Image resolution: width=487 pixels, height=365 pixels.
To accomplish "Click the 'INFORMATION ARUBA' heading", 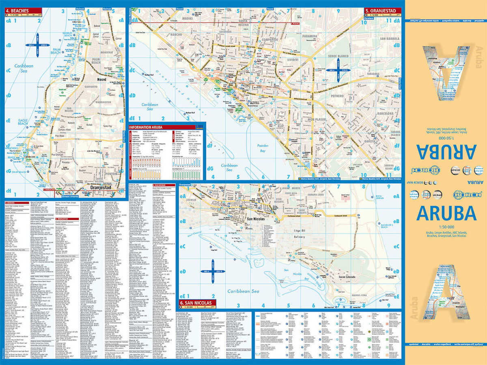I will [146, 127].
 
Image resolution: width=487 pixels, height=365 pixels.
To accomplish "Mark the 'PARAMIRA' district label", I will [310, 36].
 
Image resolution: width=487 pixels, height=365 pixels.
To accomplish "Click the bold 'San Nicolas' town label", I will [256, 219].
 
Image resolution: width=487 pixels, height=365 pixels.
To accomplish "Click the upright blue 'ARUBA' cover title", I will [446, 213].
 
